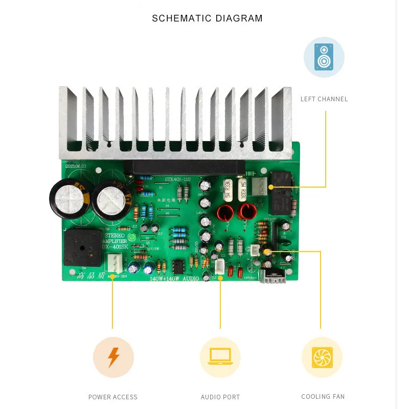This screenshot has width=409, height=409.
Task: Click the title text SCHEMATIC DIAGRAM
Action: coord(207,19)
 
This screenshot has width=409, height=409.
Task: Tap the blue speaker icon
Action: coord(324,57)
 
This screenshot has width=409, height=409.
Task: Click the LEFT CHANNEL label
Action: coord(324,99)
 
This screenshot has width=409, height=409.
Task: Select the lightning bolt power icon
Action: coord(113,357)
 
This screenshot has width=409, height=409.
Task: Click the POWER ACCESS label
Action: coord(113,397)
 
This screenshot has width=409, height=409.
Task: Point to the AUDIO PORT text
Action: coord(220,397)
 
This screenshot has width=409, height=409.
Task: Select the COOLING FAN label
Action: coord(323,396)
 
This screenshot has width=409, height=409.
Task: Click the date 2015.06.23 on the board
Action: coord(77,166)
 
